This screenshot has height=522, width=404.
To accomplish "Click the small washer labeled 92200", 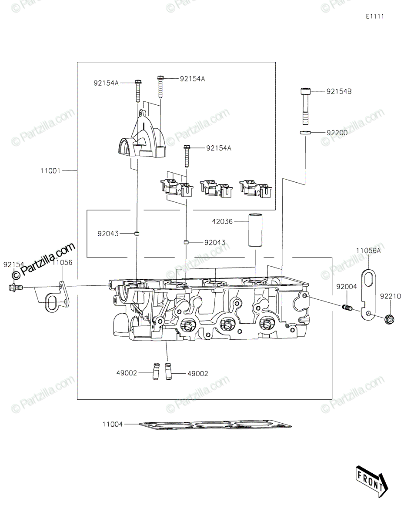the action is pyautogui.click(x=305, y=132).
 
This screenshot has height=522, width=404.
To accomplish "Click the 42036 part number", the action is pyautogui.click(x=222, y=221).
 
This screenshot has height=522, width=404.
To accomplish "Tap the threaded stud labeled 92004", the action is pyautogui.click(x=347, y=309).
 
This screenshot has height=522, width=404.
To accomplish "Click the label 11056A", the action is pyautogui.click(x=368, y=251).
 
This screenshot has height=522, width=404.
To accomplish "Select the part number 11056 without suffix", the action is pyautogui.click(x=62, y=263).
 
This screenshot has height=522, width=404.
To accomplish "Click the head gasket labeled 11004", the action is pyautogui.click(x=215, y=425).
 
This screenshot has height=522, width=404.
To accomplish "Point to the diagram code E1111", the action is pyautogui.click(x=375, y=17).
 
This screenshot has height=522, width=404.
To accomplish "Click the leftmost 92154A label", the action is pyautogui.click(x=106, y=82).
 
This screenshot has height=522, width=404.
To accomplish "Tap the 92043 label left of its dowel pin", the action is pyautogui.click(x=108, y=234).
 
